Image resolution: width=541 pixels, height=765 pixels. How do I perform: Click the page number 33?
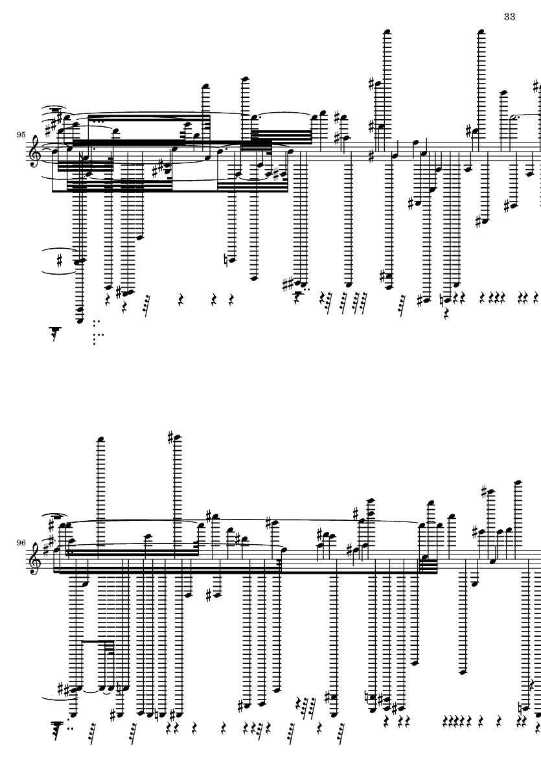click(x=509, y=17)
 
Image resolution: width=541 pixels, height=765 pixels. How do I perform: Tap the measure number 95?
click(x=21, y=135)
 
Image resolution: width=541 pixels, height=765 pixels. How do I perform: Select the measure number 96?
click(x=21, y=543)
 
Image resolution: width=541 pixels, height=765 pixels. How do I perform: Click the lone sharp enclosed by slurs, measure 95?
click(x=60, y=261)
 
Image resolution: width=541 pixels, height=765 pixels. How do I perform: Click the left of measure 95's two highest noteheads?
click(x=387, y=32)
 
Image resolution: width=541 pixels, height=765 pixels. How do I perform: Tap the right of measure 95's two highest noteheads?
click(x=481, y=32)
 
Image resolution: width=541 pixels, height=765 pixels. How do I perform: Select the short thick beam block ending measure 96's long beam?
click(x=428, y=565)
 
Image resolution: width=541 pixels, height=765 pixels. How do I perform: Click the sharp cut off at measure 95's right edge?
click(x=537, y=87)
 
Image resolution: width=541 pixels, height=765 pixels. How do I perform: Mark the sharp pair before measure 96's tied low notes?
click(x=64, y=690)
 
